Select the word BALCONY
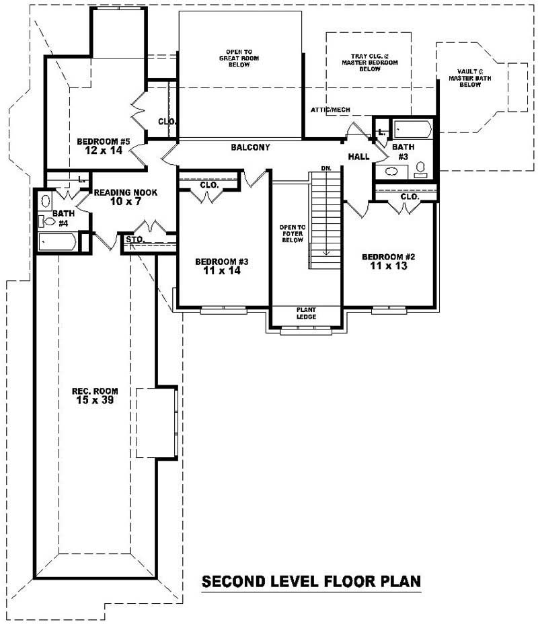point(250,147)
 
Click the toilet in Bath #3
point(422,169)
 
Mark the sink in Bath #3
point(389,172)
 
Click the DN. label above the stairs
point(326,167)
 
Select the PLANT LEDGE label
point(306,313)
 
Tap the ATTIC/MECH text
point(330,110)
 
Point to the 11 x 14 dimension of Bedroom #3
point(222,272)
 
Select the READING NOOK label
point(126,192)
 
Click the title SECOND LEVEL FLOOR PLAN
point(311,581)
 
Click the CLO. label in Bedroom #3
point(209,185)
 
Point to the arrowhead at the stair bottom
point(325,253)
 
